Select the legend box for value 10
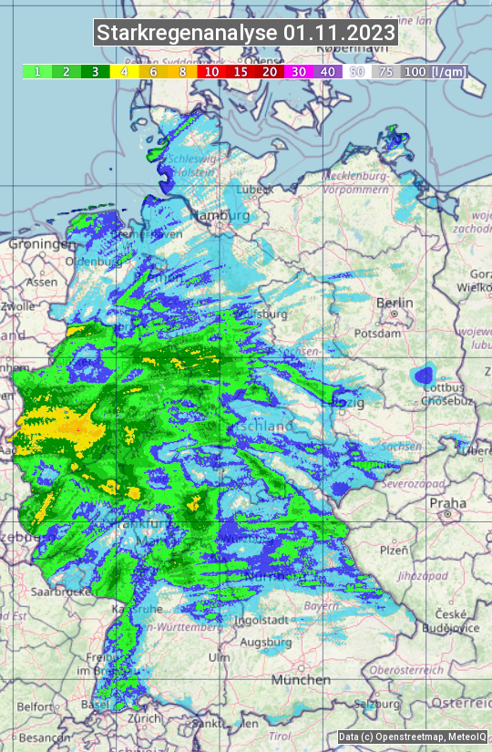(211, 71)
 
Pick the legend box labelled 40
(328, 71)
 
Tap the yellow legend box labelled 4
(124, 71)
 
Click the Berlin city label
(395, 303)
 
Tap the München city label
(301, 680)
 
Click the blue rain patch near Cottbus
(424, 375)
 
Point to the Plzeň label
(393, 550)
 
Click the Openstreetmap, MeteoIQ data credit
(412, 737)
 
